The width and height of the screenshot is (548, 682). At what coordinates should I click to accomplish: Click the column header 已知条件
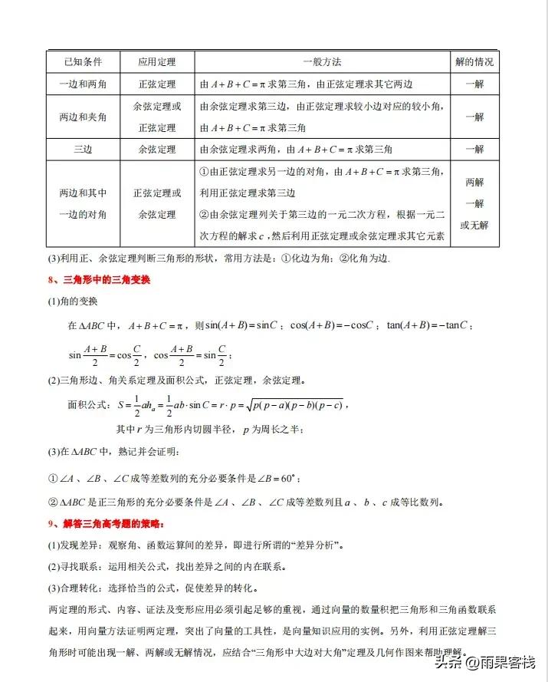(x=83, y=61)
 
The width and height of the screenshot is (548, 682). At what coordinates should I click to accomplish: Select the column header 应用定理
(x=157, y=61)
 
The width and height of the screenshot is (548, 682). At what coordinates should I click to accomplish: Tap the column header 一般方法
(x=322, y=61)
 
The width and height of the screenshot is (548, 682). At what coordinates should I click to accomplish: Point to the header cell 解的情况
(x=474, y=61)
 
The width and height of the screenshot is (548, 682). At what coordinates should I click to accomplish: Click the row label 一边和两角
(x=83, y=84)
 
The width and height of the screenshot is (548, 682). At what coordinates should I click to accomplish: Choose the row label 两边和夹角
(x=83, y=117)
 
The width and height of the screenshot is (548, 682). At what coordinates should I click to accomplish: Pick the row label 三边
(x=83, y=149)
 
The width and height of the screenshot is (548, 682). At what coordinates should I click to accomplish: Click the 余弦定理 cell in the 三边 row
(x=157, y=149)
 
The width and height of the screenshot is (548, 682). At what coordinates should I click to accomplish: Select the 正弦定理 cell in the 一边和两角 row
(x=157, y=84)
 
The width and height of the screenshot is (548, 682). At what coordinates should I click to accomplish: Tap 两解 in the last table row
(x=474, y=183)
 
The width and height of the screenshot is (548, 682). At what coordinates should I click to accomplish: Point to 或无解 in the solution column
(x=474, y=225)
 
